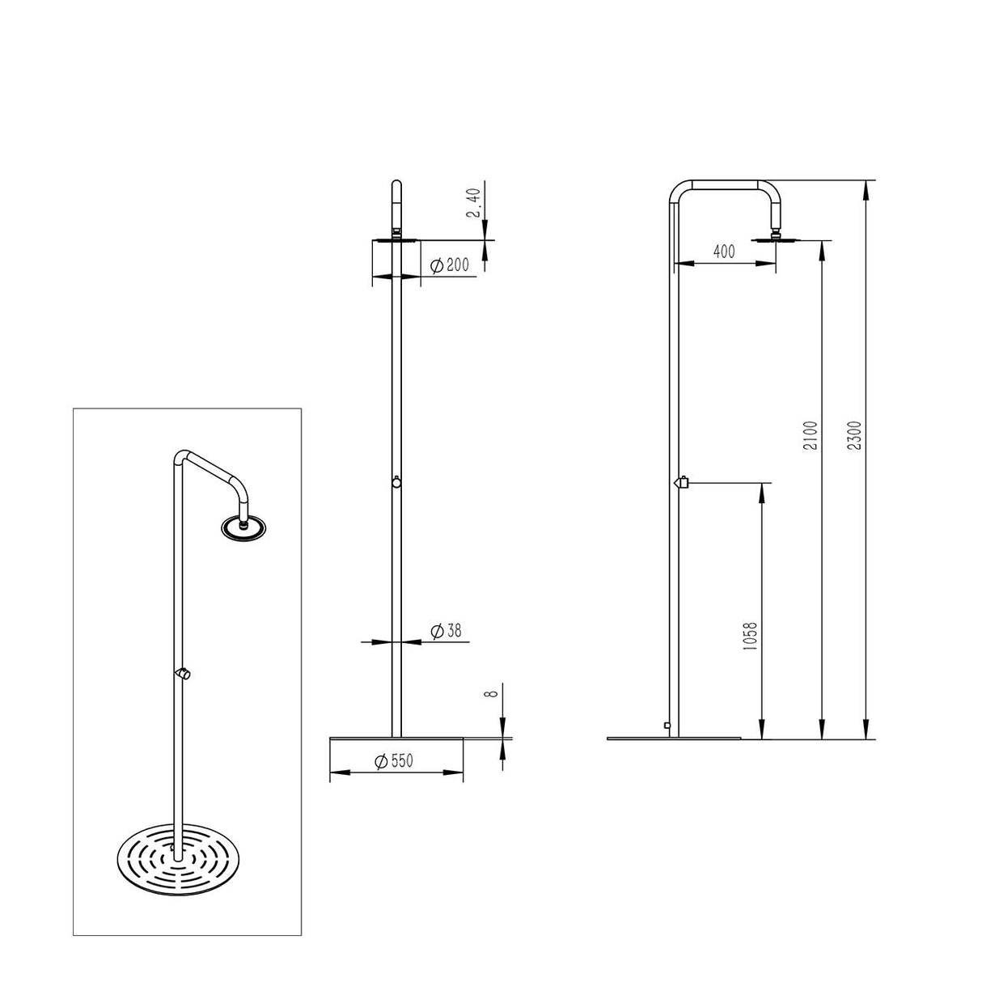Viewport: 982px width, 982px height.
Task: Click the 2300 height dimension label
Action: [859, 436]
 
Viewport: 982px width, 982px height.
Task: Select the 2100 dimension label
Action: [813, 436]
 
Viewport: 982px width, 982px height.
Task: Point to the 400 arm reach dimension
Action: [723, 252]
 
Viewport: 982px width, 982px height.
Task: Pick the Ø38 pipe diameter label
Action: [447, 631]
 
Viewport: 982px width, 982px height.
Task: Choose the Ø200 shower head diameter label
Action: [450, 265]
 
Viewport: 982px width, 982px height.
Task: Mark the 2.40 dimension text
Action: [475, 203]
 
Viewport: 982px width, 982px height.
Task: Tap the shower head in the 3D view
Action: [243, 527]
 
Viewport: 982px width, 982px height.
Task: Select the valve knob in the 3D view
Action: [184, 673]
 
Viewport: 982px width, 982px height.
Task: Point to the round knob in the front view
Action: [396, 483]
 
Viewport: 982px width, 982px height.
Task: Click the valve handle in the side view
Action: [681, 483]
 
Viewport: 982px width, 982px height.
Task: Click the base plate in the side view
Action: [675, 738]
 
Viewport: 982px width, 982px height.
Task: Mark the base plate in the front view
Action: [396, 738]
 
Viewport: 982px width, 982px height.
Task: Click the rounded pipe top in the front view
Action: [396, 186]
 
